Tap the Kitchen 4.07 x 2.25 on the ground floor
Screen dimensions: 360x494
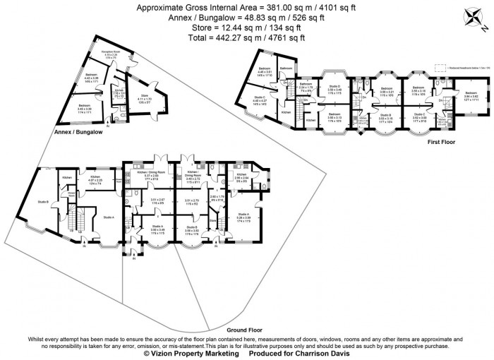[x=95, y=181]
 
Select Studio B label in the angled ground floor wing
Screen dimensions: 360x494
[x=42, y=202]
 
